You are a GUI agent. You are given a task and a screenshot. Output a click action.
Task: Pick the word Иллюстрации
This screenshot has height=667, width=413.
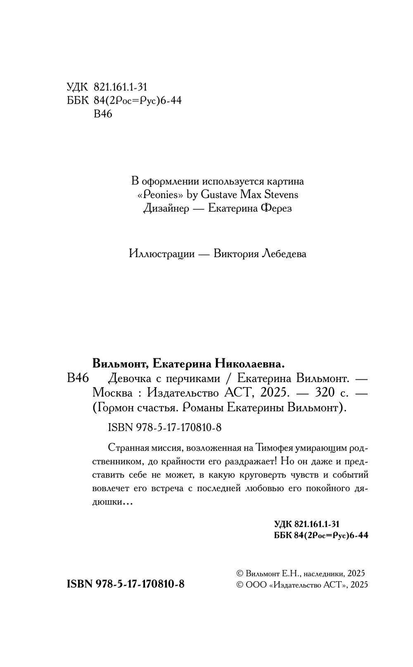point(161,253)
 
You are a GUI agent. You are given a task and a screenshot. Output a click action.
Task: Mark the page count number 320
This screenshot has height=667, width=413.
point(324,393)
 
